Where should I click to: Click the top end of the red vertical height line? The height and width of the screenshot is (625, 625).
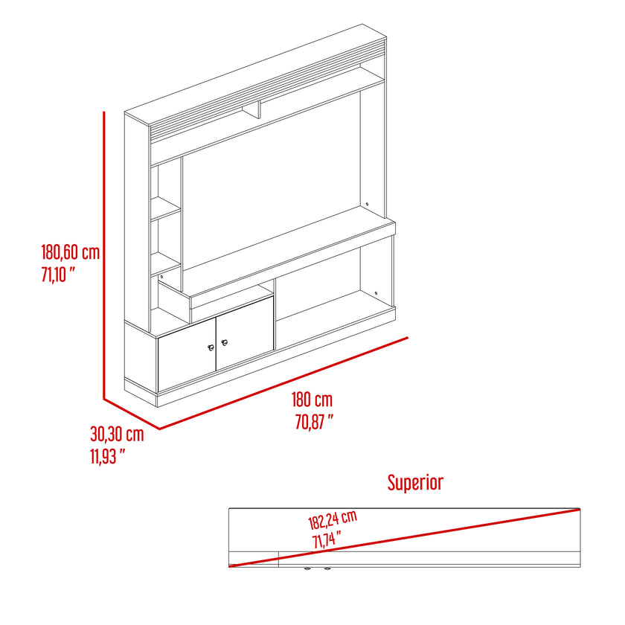click(104, 112)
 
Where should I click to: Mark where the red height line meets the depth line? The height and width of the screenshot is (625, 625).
click(104, 398)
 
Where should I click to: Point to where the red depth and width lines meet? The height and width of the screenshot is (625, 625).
click(160, 429)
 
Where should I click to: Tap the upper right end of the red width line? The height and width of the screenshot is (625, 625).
click(408, 338)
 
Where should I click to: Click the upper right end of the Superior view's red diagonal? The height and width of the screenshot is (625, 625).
click(580, 509)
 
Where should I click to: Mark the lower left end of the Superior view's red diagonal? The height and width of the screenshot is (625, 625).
click(230, 566)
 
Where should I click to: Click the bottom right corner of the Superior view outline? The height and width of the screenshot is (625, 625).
click(580, 566)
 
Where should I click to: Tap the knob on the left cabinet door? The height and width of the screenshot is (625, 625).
click(211, 347)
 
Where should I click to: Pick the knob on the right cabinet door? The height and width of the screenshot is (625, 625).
click(225, 342)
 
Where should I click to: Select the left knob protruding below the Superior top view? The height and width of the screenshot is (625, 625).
click(307, 568)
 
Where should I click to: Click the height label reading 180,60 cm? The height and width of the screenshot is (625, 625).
click(71, 253)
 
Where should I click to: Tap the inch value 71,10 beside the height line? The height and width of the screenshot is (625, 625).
click(58, 275)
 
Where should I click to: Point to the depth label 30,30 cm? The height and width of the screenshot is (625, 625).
click(117, 434)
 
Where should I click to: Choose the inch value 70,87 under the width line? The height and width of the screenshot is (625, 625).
click(314, 422)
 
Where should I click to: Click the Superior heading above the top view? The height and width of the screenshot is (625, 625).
click(415, 482)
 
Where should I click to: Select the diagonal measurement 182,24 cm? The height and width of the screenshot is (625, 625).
click(333, 520)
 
